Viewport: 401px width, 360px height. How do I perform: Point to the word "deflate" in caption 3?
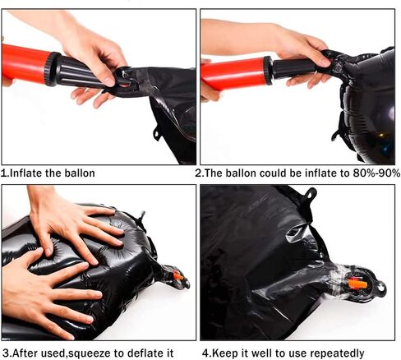pyautogui.click(x=145, y=353)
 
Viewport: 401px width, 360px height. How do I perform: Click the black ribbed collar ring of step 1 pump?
pyautogui.click(x=53, y=69)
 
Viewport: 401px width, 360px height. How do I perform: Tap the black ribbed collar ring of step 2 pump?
pyautogui.click(x=269, y=70)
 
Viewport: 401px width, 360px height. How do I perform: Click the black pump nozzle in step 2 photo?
pyautogui.click(x=296, y=67)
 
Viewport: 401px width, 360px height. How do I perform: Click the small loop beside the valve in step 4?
pyautogui.click(x=380, y=287)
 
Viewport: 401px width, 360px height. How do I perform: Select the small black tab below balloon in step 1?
pyautogui.click(x=157, y=134)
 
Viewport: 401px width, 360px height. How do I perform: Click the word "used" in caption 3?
pyautogui.click(x=57, y=353)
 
